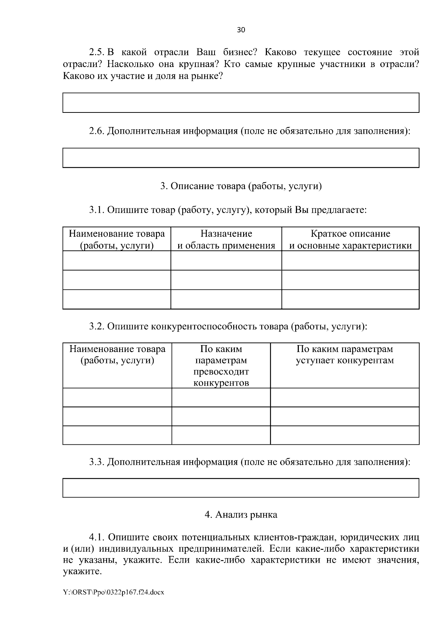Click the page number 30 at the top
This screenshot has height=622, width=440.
241,30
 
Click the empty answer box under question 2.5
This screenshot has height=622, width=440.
241,103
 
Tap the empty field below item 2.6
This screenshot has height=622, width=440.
241,158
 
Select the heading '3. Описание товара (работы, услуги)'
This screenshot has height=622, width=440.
241,186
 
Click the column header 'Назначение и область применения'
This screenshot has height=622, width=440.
226,239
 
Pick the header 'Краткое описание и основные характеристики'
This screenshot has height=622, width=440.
350,239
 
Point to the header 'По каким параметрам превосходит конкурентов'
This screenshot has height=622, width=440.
221,366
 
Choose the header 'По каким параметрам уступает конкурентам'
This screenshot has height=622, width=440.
345,355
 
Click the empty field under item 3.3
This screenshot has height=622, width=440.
241,488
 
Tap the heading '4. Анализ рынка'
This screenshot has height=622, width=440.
241,515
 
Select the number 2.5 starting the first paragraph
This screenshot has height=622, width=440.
97,52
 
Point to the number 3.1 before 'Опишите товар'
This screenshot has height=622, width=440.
97,210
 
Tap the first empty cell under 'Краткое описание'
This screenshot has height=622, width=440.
350,260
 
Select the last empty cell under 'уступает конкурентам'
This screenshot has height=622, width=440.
345,435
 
